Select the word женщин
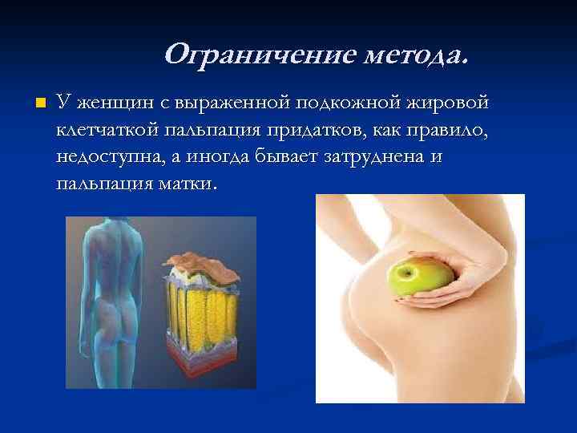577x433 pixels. click(x=111, y=103)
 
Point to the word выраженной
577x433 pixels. click(x=227, y=103)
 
